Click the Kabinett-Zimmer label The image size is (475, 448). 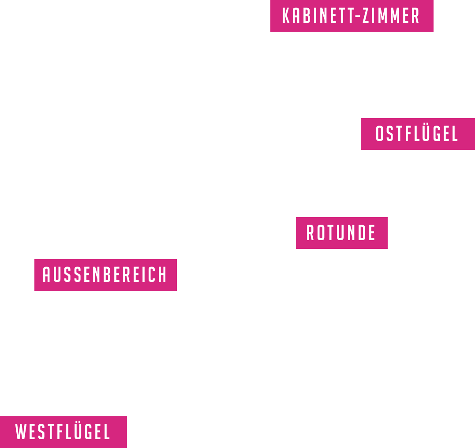(x=352, y=16)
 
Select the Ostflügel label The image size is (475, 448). (x=417, y=134)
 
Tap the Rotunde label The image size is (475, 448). (x=341, y=233)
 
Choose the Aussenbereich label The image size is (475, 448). (x=105, y=275)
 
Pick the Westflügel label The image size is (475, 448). (x=63, y=432)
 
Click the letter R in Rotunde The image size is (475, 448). (x=310, y=233)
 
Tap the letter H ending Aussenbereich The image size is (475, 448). (x=164, y=275)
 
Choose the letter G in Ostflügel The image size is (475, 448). (x=439, y=134)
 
